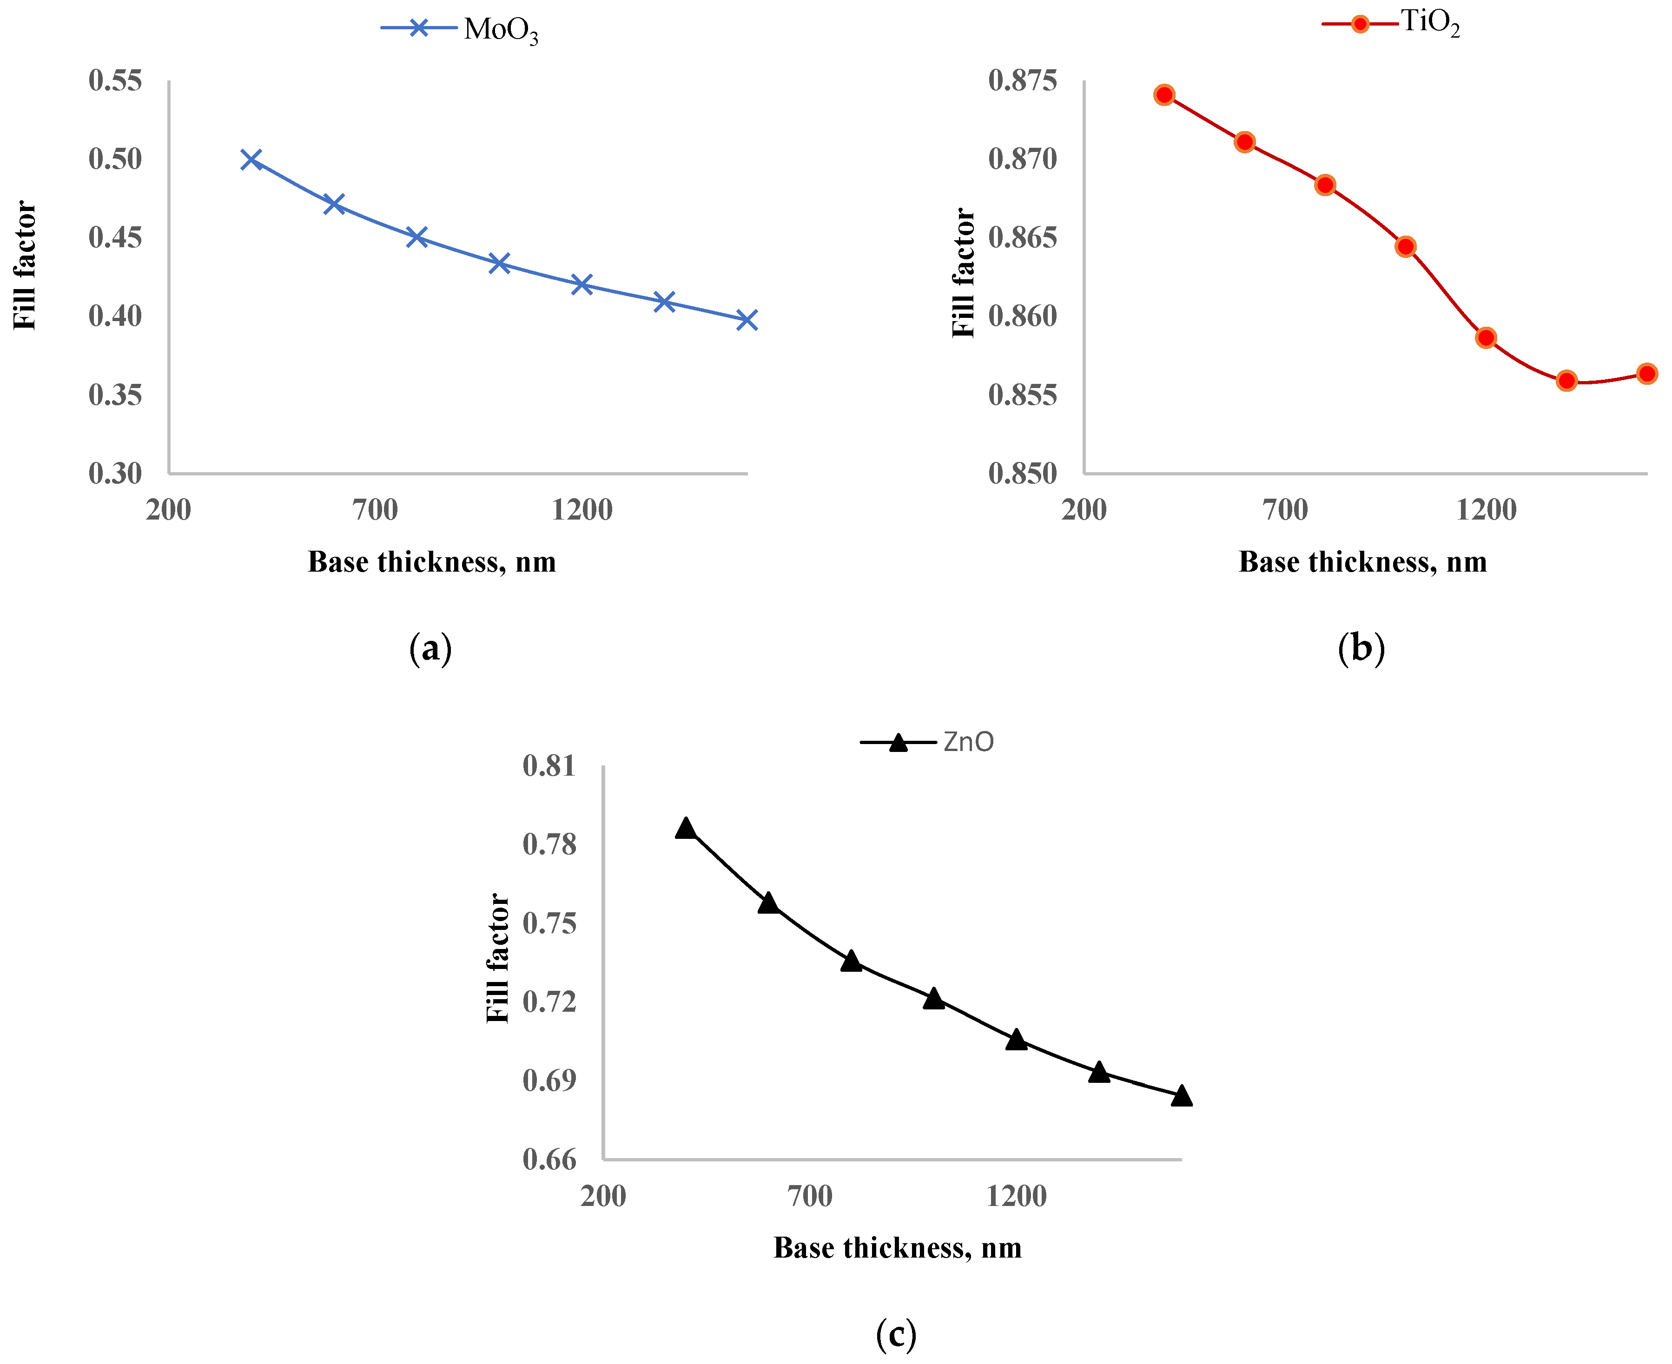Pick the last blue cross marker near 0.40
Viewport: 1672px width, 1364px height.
(x=747, y=320)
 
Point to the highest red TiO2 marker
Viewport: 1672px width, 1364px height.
(x=1164, y=95)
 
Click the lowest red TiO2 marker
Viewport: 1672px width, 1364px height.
(x=1566, y=381)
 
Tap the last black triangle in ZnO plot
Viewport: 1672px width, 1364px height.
(x=1181, y=1096)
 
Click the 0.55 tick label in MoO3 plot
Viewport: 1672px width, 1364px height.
(x=115, y=80)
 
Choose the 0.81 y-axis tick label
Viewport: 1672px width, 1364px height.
(x=549, y=766)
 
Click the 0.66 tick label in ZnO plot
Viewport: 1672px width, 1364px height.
(x=549, y=1160)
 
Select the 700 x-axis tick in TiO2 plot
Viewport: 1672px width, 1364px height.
(x=1285, y=510)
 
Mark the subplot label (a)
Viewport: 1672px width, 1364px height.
(x=430, y=649)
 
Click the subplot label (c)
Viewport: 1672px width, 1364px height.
(x=896, y=1334)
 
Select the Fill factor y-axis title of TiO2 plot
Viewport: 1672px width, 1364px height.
(x=963, y=273)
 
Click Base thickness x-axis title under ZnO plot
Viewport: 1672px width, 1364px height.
(x=897, y=1248)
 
